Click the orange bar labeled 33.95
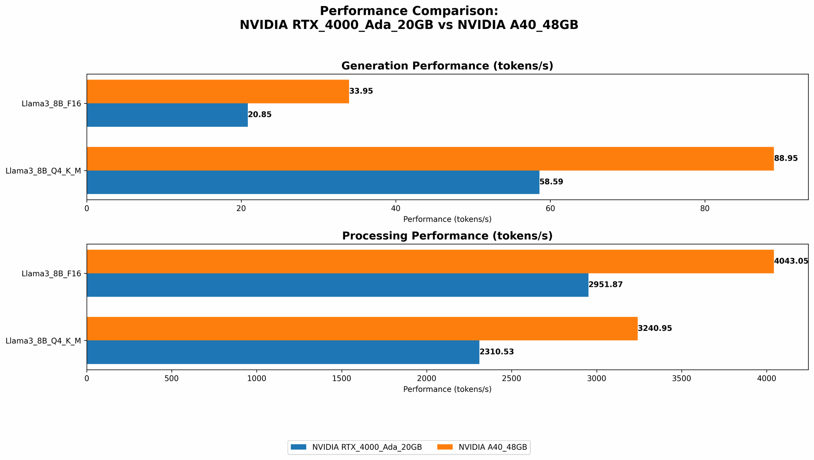(x=218, y=91)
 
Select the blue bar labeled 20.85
(x=167, y=115)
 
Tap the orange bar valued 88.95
(x=430, y=158)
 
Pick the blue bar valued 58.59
(x=313, y=182)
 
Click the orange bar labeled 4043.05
(x=430, y=261)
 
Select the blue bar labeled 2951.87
(x=337, y=285)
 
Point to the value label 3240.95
(x=654, y=328)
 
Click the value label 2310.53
(x=497, y=352)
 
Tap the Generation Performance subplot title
(x=447, y=66)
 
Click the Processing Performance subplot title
(x=447, y=236)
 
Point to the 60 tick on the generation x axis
(x=550, y=208)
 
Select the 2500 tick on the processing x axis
(x=512, y=378)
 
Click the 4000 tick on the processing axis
(x=766, y=378)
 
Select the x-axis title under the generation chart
(x=447, y=219)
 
